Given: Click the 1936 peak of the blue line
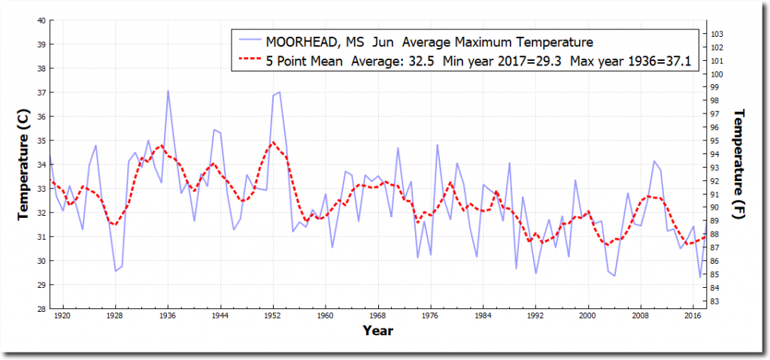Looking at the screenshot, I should pyautogui.click(x=168, y=91).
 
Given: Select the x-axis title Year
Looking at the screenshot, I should pyautogui.click(x=377, y=330).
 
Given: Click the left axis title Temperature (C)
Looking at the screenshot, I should pyautogui.click(x=24, y=164).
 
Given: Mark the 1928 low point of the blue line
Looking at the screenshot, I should pyautogui.click(x=115, y=271).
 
